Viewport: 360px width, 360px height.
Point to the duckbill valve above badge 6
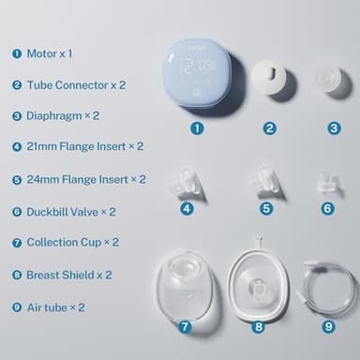pos(327,182)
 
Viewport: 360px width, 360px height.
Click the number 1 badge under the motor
pos(197,127)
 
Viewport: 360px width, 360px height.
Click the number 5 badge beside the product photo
pos(266,208)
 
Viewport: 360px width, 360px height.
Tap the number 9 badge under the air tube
pos(327,326)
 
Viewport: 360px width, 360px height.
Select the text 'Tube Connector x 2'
pos(76,84)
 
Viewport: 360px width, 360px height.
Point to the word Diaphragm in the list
pos(52,116)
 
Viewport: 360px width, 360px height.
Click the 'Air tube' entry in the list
pos(47,307)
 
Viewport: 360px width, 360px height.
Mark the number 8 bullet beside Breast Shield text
pos(17,275)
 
